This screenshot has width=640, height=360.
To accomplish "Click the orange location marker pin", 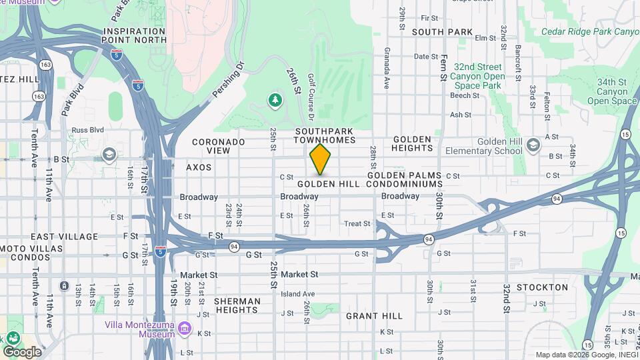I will pyautogui.click(x=320, y=159).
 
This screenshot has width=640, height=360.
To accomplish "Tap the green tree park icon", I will pyautogui.click(x=275, y=100).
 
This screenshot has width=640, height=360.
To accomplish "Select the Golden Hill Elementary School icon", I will pyautogui.click(x=533, y=145).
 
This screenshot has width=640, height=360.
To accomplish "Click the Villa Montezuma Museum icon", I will pyautogui.click(x=185, y=329).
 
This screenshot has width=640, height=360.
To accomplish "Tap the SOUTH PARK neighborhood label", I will pyautogui.click(x=442, y=32).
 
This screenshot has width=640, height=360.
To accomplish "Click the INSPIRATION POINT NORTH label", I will pyautogui.click(x=135, y=35).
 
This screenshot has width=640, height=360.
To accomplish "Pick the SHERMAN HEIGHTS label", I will pyautogui.click(x=237, y=305).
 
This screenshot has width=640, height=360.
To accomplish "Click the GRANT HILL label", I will pyautogui.click(x=374, y=316).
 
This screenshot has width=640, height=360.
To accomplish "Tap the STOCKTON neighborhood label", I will pyautogui.click(x=541, y=287).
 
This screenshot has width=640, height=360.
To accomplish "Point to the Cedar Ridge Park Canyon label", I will pyautogui.click(x=589, y=31).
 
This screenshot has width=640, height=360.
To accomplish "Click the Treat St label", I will pyautogui.click(x=357, y=224).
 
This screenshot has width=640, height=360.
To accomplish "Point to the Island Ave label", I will pyautogui.click(x=297, y=293).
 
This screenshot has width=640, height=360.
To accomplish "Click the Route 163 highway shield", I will pyautogui.click(x=45, y=65).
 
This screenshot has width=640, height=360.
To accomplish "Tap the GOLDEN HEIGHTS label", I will pyautogui.click(x=412, y=143).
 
